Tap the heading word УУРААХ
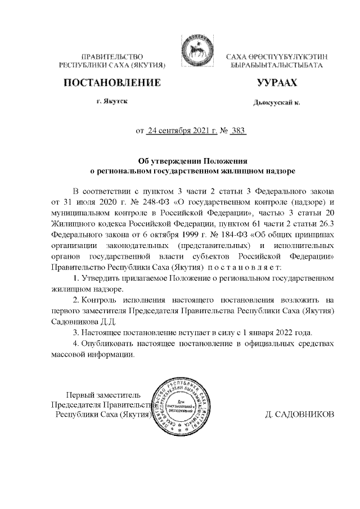click(x=276, y=83)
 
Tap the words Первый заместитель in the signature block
click(x=101, y=394)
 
